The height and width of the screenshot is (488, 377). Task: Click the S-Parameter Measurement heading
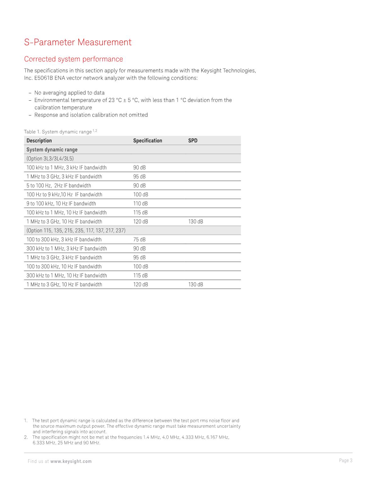pyautogui.click(x=78, y=42)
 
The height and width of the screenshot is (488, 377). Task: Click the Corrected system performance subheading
pyautogui.click(x=73, y=59)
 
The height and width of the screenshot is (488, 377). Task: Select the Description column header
pyautogui.click(x=39, y=141)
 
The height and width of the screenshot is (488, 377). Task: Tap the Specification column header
pyautogui.click(x=147, y=141)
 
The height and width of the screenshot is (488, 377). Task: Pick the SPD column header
pyautogui.click(x=193, y=141)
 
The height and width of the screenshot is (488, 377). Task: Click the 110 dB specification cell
pyautogui.click(x=140, y=204)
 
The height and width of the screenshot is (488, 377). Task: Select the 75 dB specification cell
pyautogui.click(x=139, y=239)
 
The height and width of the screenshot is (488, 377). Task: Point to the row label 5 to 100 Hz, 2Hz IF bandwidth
pyautogui.click(x=59, y=186)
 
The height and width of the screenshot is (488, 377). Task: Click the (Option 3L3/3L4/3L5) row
pyautogui.click(x=50, y=159)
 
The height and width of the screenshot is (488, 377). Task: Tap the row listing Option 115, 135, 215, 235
pyautogui.click(x=76, y=231)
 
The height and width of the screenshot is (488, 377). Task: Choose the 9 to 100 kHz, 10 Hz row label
pyautogui.click(x=61, y=204)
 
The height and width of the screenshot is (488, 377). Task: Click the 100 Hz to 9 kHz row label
pyautogui.click(x=64, y=194)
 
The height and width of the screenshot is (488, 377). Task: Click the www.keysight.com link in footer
pyautogui.click(x=71, y=461)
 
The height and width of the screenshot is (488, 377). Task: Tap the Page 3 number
pyautogui.click(x=346, y=461)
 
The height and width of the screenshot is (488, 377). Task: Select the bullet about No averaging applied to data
pyautogui.click(x=69, y=93)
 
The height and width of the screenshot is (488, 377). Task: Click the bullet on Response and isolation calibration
pyautogui.click(x=91, y=115)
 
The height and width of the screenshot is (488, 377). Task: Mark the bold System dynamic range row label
pyautogui.click(x=52, y=150)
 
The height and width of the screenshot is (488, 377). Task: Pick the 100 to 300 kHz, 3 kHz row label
pyautogui.click(x=64, y=239)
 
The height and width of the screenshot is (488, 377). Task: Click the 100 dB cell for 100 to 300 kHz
pyautogui.click(x=141, y=266)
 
